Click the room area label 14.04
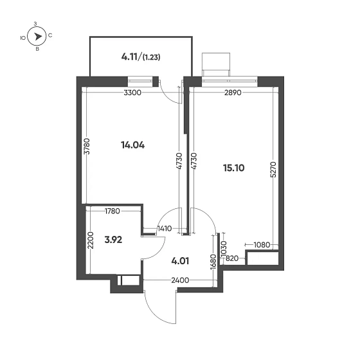tap(132, 145)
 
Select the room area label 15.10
tap(234, 168)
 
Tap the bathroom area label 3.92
tap(113, 240)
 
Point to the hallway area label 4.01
tap(180, 261)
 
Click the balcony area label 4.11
tap(129, 57)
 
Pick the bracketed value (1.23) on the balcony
tap(151, 57)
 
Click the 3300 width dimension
tap(132, 93)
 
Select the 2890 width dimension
tap(233, 93)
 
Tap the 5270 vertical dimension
tap(273, 170)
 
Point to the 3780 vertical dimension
tap(87, 147)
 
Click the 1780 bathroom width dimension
tap(113, 211)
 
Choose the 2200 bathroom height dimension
tap(91, 240)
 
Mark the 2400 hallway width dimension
tap(180, 280)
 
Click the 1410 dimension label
tap(165, 229)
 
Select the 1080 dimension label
tap(262, 245)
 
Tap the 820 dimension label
tap(232, 258)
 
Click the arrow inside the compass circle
tap(38, 36)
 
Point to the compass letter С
tap(50, 35)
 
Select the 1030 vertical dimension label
tap(224, 249)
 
